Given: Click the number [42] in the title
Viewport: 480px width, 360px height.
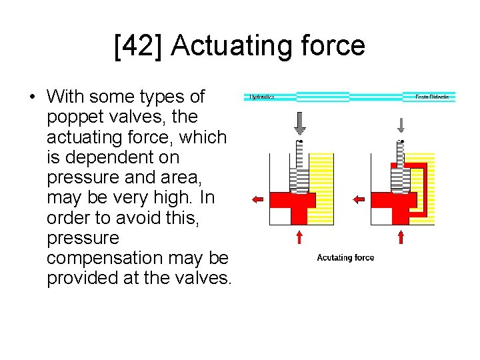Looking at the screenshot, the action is (137, 46).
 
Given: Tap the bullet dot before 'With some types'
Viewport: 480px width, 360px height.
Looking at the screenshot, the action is (32, 97).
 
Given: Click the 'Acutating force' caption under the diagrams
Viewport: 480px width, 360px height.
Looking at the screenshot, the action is (345, 258).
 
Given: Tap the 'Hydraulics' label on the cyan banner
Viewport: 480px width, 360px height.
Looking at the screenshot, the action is (262, 97).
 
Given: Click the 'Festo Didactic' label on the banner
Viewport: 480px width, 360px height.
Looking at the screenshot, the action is (432, 97).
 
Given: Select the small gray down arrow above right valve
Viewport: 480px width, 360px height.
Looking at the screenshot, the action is (401, 125).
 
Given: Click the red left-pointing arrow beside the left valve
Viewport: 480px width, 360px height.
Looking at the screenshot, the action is (258, 199).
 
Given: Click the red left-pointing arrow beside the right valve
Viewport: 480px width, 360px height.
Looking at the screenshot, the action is (359, 199).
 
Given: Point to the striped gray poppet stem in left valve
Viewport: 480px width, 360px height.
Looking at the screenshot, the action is (300, 167).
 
